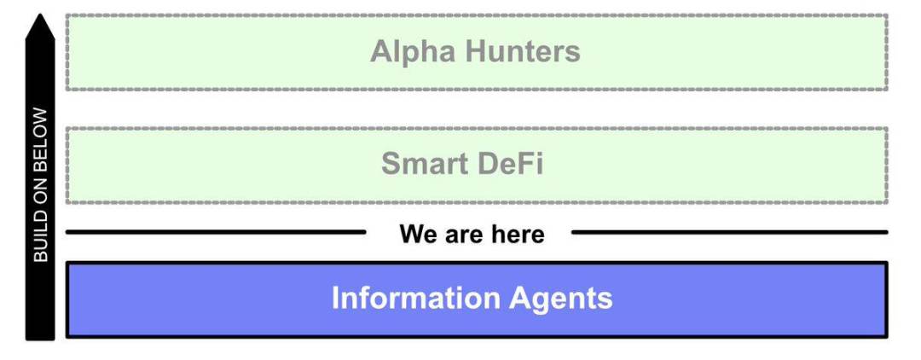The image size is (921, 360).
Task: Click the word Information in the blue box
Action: point(415,299)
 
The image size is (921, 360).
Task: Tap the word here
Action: point(516,233)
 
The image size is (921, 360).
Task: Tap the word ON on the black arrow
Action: point(41,187)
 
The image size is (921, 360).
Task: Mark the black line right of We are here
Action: point(729,231)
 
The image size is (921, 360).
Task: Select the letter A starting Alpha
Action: point(380,52)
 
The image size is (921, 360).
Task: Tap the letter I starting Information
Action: point(335,299)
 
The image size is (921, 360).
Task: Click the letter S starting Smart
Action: point(391,164)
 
